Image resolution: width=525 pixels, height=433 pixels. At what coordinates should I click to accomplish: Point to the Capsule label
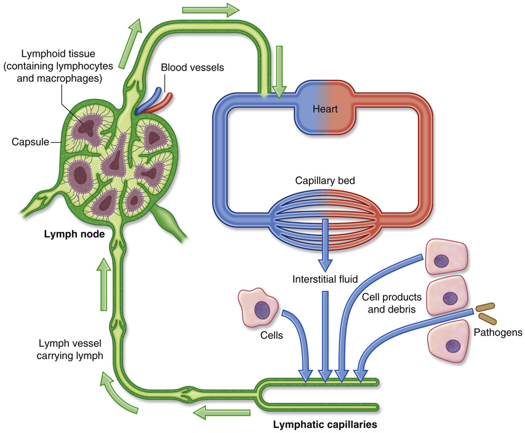[x=30, y=142]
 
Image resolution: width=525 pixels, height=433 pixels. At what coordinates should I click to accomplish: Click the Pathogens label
[x=497, y=332]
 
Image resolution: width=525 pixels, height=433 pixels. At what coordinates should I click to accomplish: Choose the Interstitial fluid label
[x=325, y=279]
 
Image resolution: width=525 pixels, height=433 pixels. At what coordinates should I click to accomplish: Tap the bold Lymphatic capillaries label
[x=324, y=424]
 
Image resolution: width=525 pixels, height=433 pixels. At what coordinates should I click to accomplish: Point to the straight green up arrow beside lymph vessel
[x=104, y=283]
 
